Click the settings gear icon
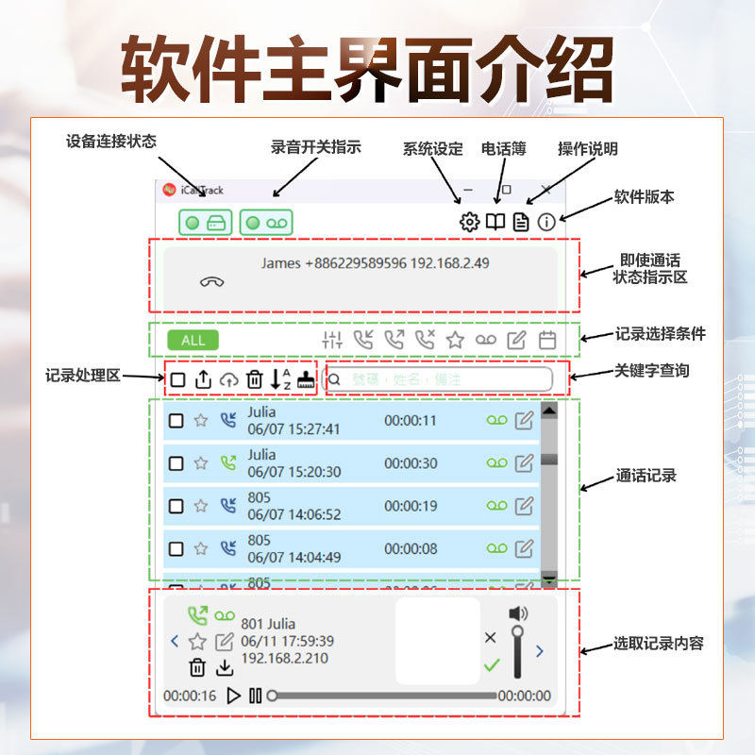click(469, 223)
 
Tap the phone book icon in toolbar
click(495, 223)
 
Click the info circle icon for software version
click(546, 223)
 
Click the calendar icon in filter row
click(547, 340)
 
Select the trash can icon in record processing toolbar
click(255, 379)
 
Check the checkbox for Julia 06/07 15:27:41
click(176, 421)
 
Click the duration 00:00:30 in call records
click(411, 463)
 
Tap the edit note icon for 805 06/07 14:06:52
click(524, 506)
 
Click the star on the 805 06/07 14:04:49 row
click(200, 548)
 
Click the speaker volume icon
click(518, 614)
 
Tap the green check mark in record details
click(491, 665)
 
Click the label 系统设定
click(433, 149)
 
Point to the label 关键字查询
click(652, 371)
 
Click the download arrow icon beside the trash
click(225, 668)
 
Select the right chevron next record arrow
click(540, 650)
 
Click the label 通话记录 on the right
click(646, 476)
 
